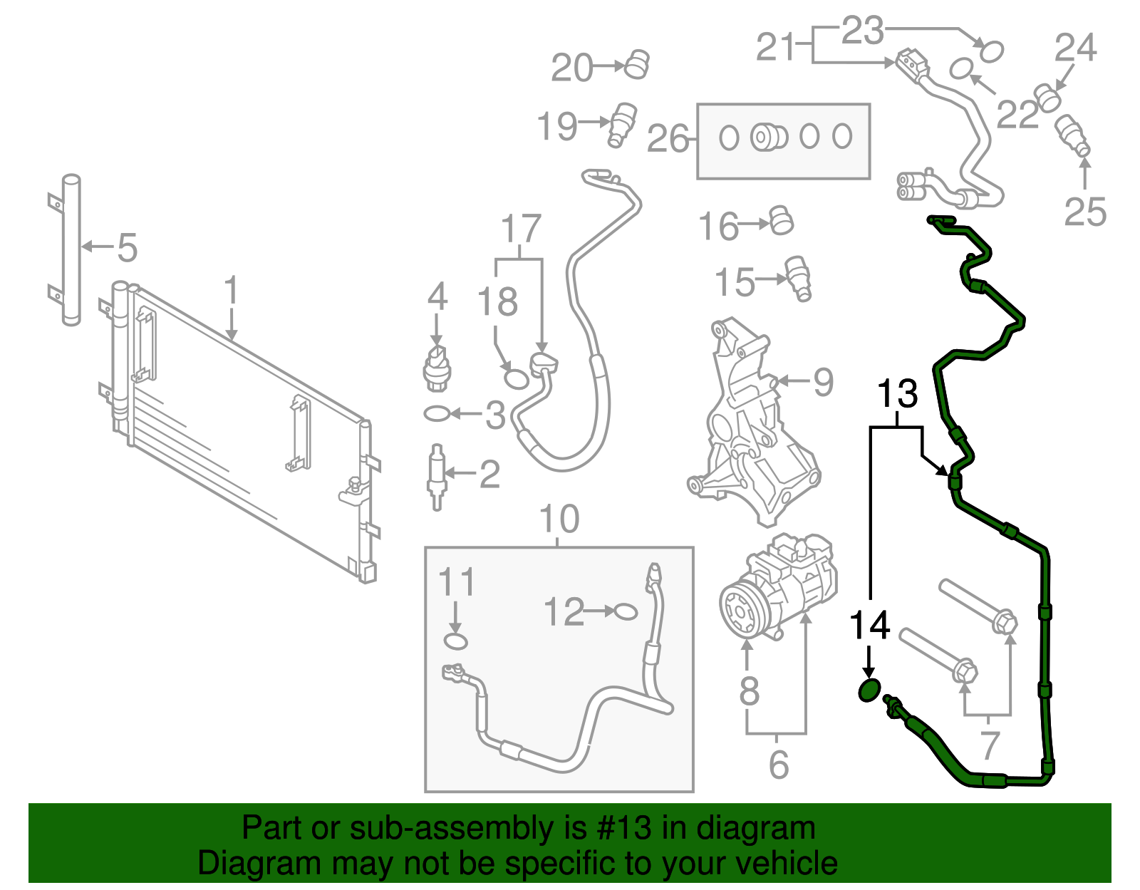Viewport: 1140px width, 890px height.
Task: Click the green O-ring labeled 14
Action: (869, 690)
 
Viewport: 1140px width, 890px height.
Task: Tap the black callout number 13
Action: (897, 394)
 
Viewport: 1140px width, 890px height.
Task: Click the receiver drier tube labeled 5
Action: (71, 249)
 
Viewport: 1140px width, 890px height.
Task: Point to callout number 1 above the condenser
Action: (231, 292)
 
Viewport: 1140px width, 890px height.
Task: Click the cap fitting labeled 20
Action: (637, 65)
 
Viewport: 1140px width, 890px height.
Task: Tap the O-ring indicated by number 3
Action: (435, 413)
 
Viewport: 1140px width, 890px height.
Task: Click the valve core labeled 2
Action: (436, 476)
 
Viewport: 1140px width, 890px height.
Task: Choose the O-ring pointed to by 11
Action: (456, 641)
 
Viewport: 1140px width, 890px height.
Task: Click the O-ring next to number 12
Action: (626, 611)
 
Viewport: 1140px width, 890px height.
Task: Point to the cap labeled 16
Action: (783, 221)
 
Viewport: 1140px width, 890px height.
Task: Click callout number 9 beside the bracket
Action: (824, 383)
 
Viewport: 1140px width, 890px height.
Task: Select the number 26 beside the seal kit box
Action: (668, 139)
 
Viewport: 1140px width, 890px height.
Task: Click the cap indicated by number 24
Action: (1047, 98)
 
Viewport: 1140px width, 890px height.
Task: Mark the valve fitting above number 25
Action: (1072, 135)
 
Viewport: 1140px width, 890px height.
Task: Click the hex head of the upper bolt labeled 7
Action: (1005, 622)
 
